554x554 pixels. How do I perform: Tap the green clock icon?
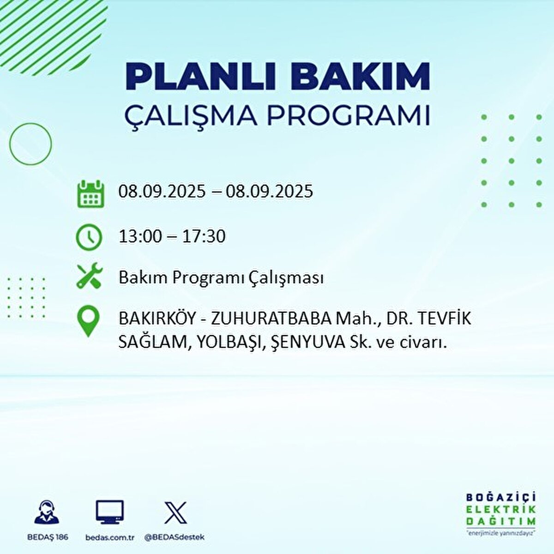[89, 237]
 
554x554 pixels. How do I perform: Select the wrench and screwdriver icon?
[89, 276]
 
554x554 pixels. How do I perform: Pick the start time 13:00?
[140, 236]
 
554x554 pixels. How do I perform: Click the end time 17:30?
[204, 236]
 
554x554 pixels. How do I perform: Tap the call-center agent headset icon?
[47, 512]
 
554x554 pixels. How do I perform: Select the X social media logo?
[175, 512]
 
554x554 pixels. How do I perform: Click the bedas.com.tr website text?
[110, 537]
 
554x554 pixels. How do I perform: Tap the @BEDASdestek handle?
[175, 537]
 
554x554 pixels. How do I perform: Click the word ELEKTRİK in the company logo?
[501, 509]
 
